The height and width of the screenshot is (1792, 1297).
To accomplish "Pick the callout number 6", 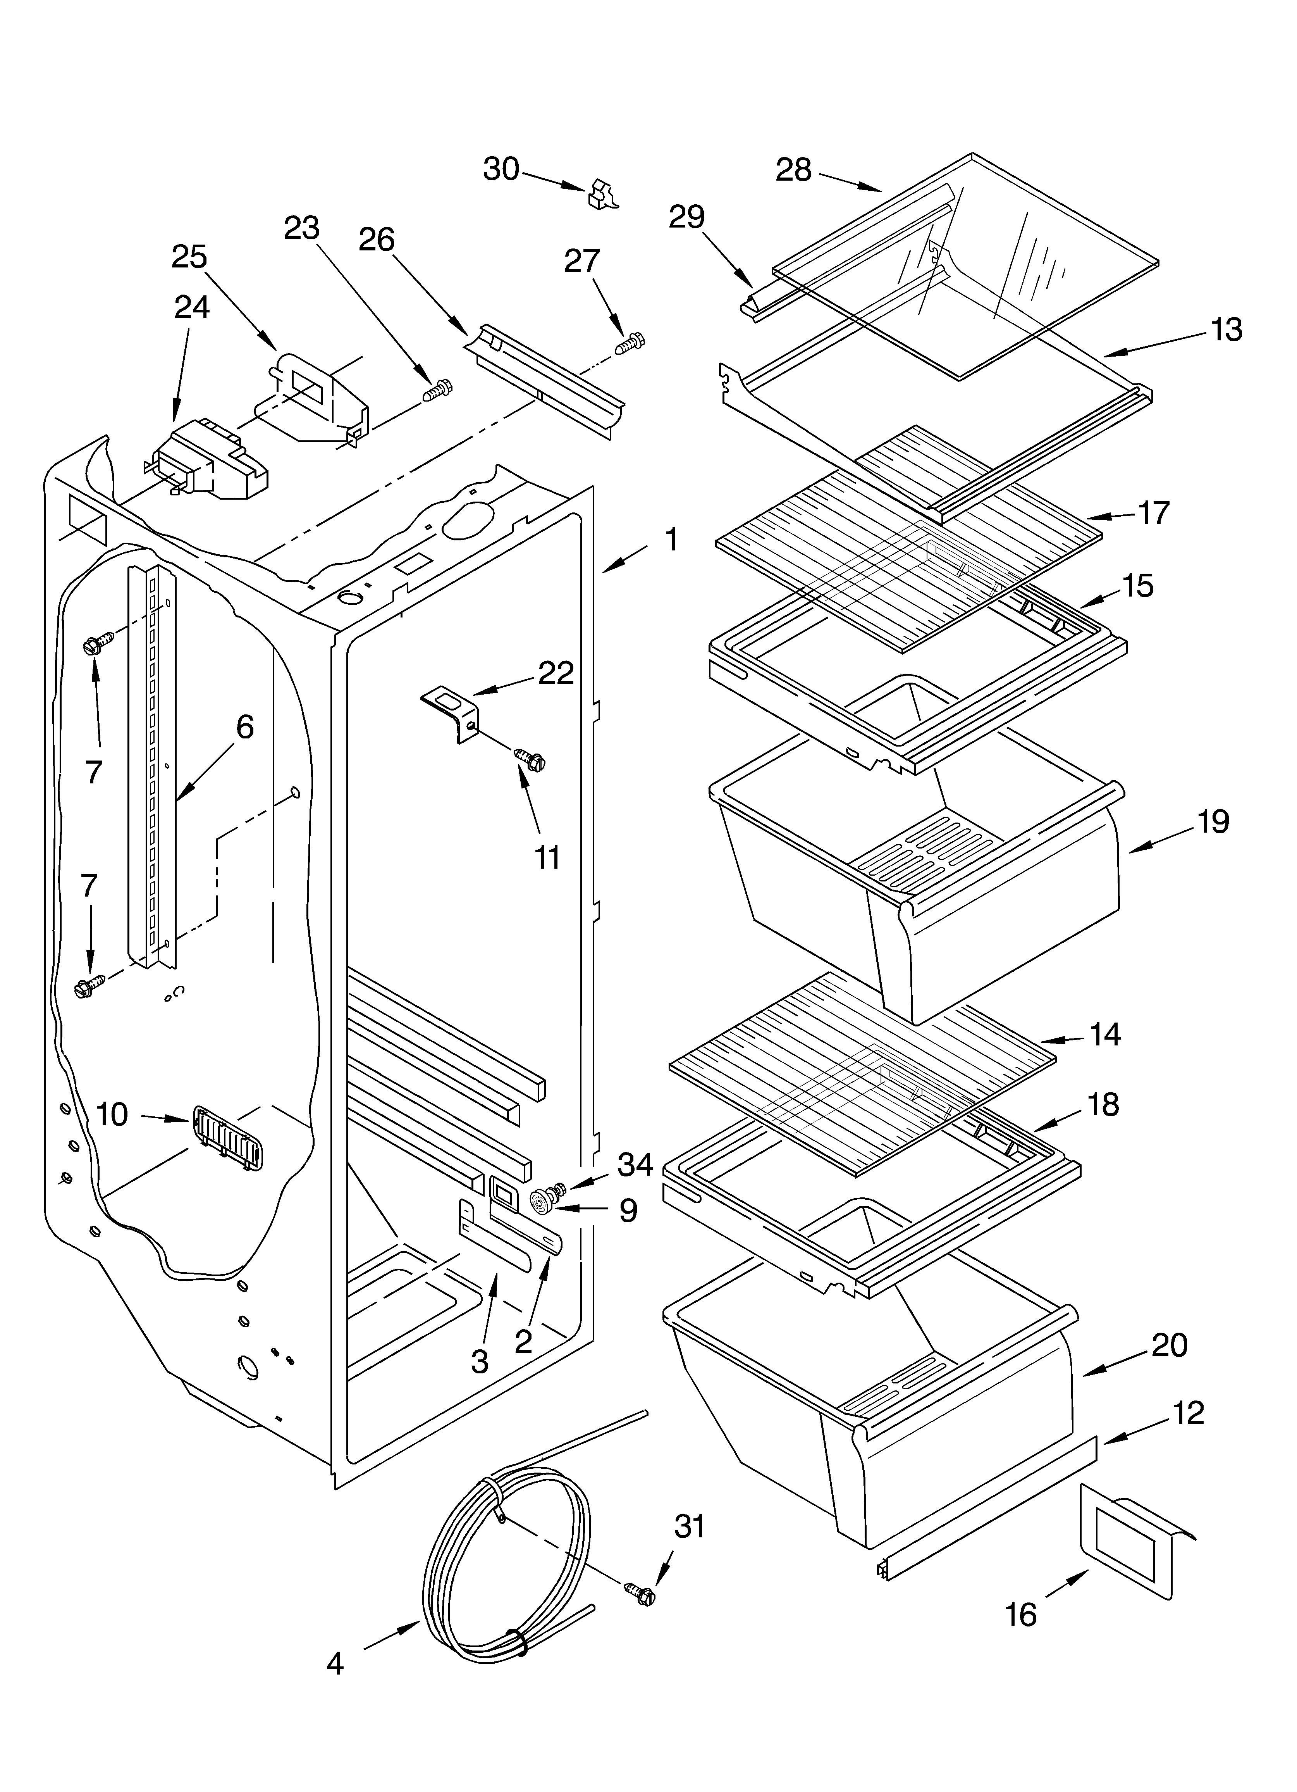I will (x=245, y=727).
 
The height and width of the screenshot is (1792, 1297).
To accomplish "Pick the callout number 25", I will (x=189, y=257).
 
